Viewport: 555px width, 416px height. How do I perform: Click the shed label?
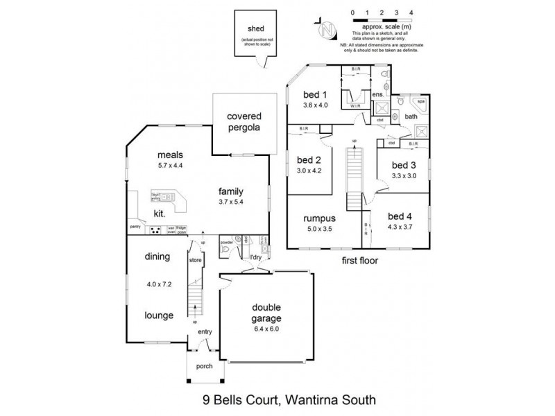pos(257,30)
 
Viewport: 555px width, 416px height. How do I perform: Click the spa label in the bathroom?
pos(420,101)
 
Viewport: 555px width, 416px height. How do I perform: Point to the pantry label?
pos(135,226)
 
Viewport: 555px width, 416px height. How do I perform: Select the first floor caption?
pos(358,262)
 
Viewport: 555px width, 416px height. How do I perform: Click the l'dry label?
pos(256,259)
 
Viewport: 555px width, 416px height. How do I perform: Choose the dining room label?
pos(157,257)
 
